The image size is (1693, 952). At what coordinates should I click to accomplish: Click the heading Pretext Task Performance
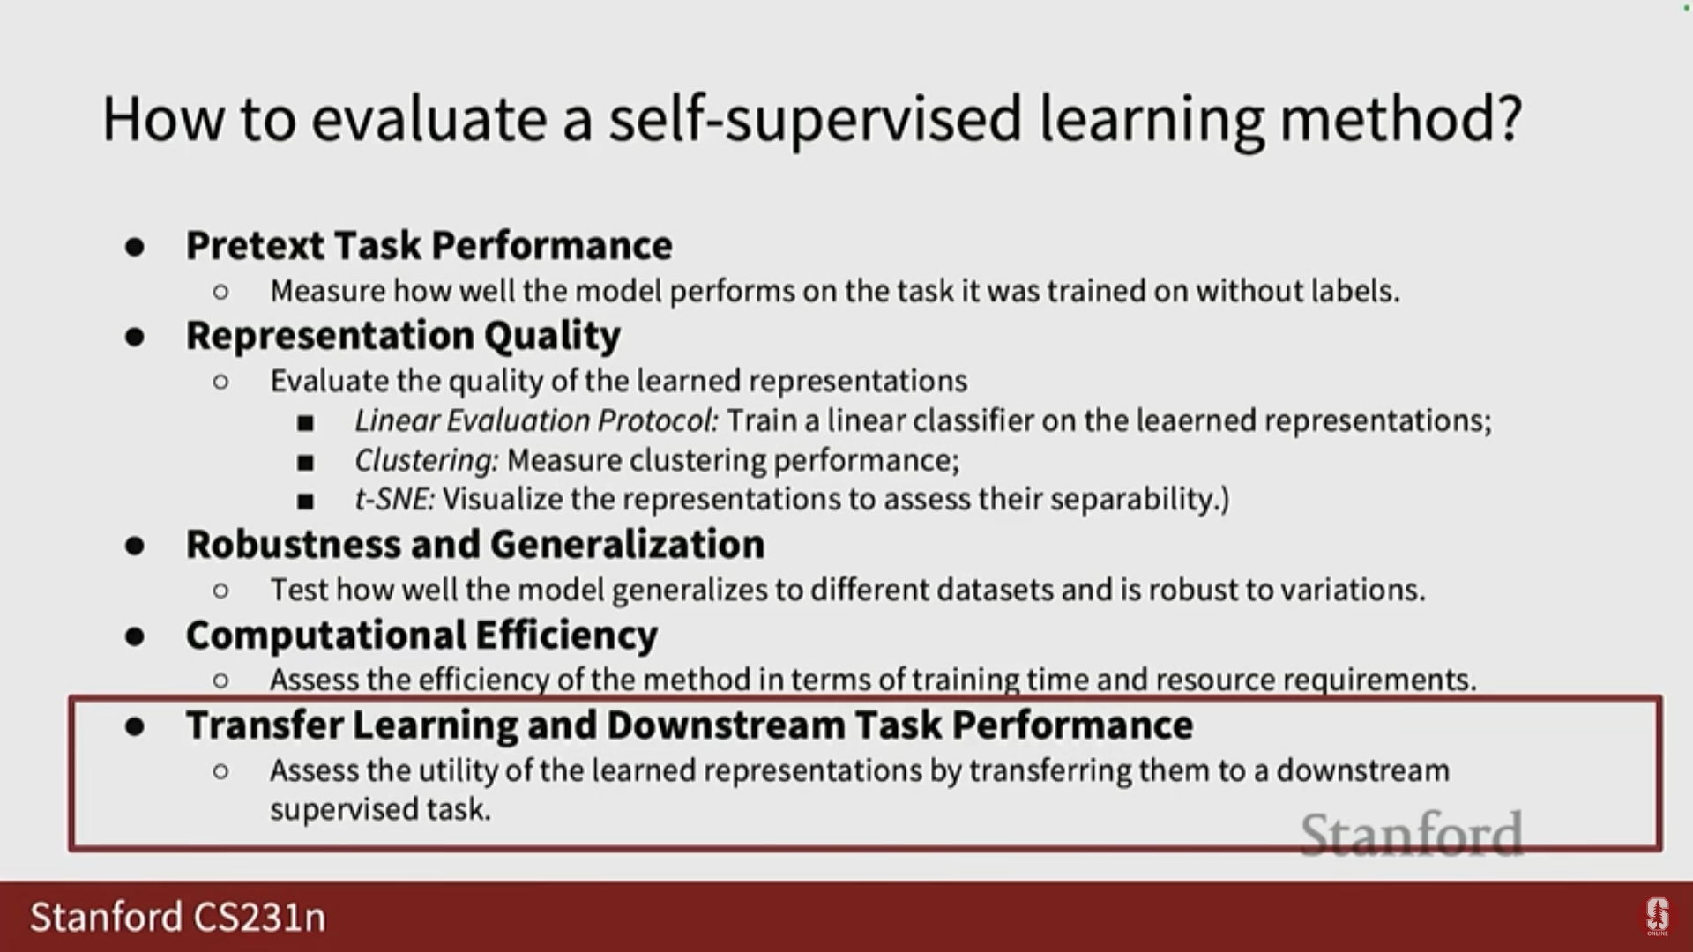click(429, 245)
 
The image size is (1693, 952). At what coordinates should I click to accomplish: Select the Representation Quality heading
click(403, 336)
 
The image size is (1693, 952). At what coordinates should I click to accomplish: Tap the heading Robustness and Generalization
click(475, 544)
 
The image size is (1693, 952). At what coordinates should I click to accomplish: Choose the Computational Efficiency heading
click(421, 636)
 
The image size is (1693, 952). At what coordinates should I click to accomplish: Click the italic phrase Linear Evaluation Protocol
click(537, 420)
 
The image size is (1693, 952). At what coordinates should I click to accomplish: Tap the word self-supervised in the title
click(814, 120)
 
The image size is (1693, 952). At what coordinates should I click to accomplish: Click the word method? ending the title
click(1400, 118)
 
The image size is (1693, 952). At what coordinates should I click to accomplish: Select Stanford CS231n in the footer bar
click(178, 917)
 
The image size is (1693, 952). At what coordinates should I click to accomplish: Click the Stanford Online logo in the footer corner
click(1657, 917)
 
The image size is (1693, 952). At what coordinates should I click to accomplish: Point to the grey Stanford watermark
click(1412, 834)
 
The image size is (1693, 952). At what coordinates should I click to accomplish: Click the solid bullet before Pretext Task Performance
click(135, 247)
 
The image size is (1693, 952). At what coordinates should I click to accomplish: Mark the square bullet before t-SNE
click(306, 502)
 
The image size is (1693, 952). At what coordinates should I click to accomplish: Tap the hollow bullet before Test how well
click(220, 590)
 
